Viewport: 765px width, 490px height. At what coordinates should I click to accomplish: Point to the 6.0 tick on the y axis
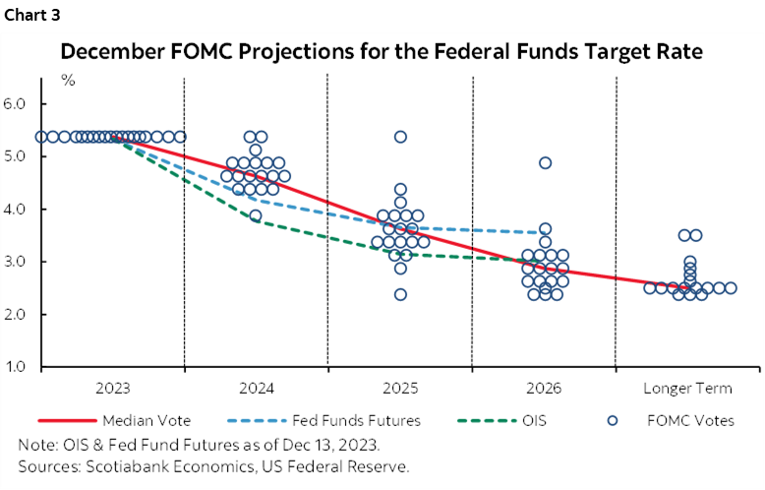[24, 103]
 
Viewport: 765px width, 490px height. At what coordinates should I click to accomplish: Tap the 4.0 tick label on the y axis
[24, 209]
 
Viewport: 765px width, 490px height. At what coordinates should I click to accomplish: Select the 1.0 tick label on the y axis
[24, 367]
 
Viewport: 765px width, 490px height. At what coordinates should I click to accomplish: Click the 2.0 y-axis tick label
[24, 314]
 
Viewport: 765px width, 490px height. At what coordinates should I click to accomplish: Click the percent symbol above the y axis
[68, 80]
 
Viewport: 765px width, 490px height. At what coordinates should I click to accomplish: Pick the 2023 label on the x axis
[113, 388]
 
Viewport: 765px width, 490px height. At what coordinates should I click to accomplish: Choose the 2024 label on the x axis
[257, 388]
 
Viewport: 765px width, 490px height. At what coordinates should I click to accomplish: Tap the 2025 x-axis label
[400, 388]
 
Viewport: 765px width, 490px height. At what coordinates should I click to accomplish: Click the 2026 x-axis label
[544, 388]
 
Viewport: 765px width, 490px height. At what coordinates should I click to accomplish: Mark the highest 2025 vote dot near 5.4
[401, 137]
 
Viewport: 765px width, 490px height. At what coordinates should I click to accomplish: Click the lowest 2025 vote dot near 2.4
[401, 294]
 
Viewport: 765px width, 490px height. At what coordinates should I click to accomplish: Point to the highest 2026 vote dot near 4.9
[545, 163]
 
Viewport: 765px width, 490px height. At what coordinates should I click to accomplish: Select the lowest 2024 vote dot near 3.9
[256, 215]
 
